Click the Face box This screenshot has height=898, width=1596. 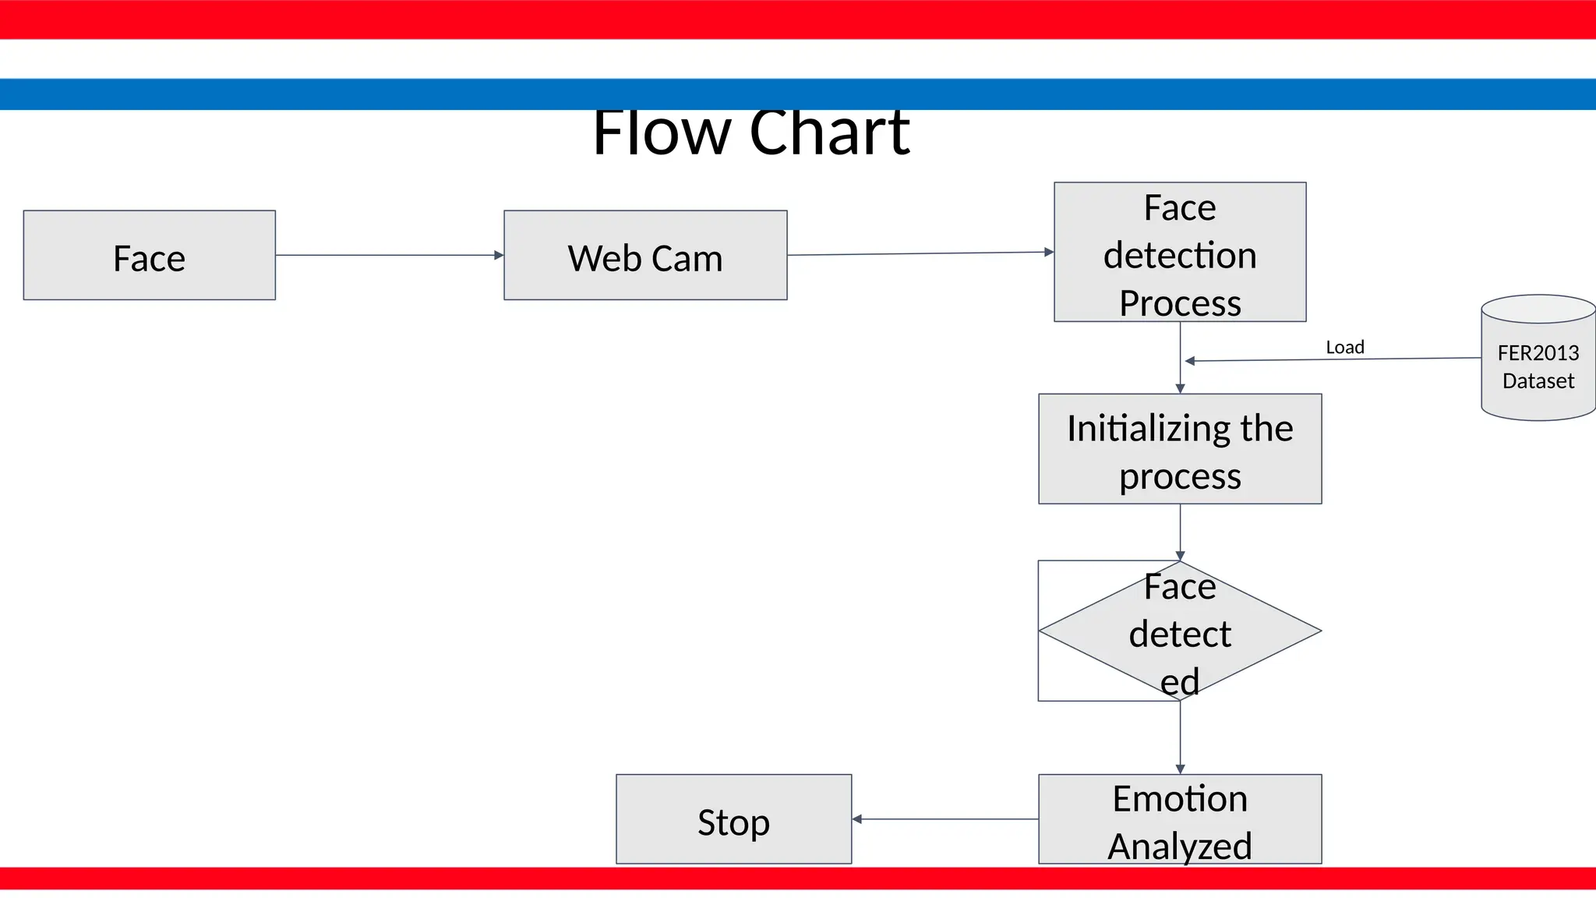(x=149, y=255)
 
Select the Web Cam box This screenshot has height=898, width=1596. (x=645, y=255)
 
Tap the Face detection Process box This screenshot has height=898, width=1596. (x=1180, y=252)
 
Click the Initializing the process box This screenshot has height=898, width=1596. (x=1180, y=449)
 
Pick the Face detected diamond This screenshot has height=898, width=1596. (x=1180, y=631)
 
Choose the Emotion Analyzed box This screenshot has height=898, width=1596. (x=1180, y=818)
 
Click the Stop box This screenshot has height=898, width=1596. (x=733, y=818)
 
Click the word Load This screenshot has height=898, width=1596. (x=1345, y=347)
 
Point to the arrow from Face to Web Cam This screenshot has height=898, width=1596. (x=390, y=255)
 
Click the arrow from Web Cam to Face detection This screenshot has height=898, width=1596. (x=920, y=253)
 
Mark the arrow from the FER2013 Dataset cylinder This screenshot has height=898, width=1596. (x=1333, y=359)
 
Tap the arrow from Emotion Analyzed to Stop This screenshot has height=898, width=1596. (x=945, y=819)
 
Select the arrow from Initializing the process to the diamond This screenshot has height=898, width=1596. (x=1180, y=532)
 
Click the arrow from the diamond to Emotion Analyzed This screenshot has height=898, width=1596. (x=1180, y=737)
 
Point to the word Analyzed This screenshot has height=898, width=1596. (x=1180, y=846)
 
